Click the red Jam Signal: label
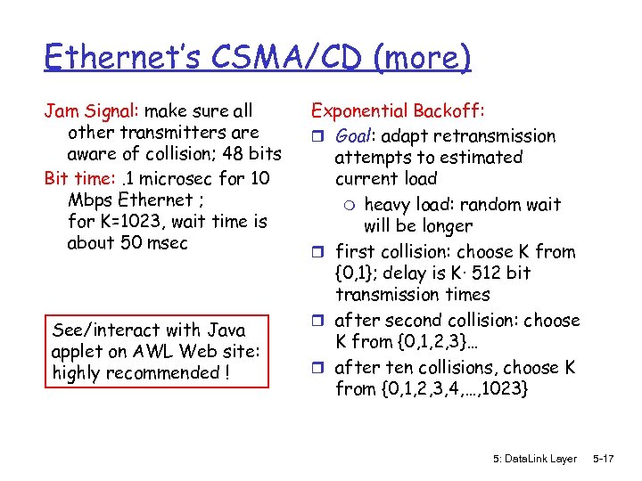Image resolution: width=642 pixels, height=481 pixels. [92, 111]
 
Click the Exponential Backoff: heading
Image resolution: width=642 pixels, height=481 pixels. [398, 111]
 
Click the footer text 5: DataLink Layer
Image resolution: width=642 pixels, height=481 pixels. [534, 459]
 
